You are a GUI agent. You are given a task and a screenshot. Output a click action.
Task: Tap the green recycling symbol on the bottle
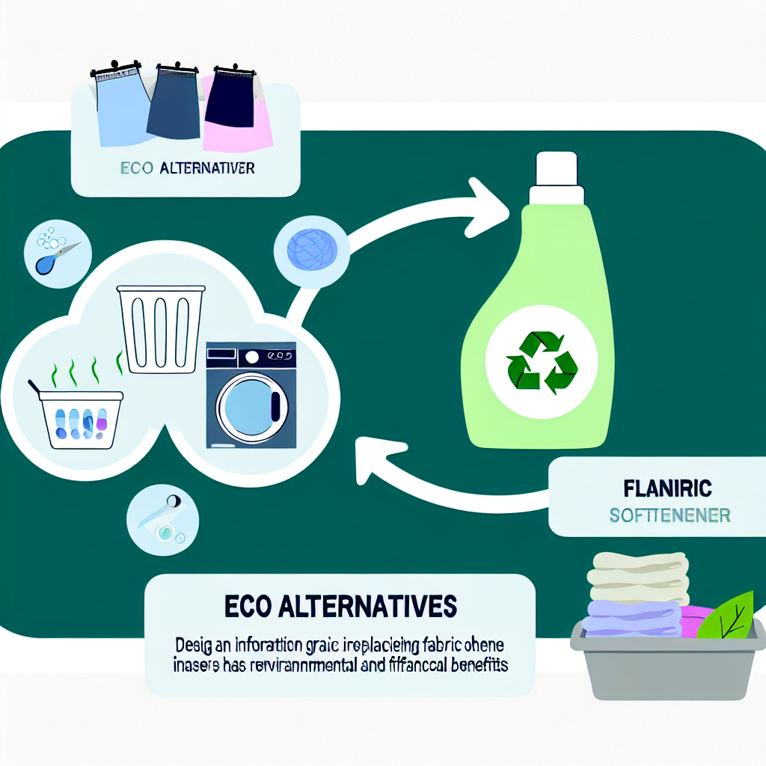[541, 362]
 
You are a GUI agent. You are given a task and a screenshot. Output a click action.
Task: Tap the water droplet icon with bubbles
[50, 252]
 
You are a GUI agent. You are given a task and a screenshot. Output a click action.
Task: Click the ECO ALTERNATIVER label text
[188, 168]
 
